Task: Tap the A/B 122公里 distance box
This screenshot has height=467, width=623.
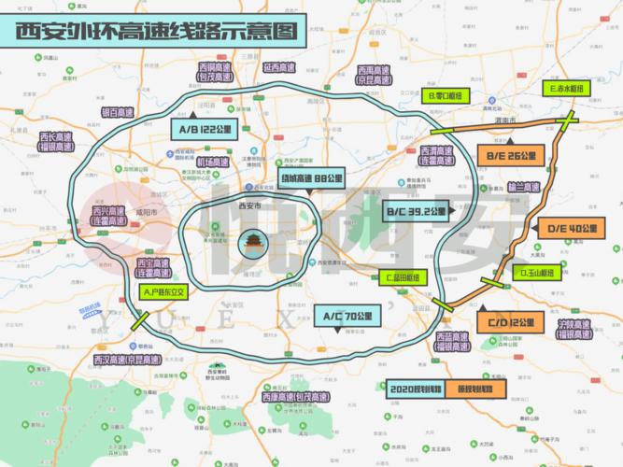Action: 203,130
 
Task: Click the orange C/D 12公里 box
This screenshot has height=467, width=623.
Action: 512,322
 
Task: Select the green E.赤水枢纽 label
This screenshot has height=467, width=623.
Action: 566,89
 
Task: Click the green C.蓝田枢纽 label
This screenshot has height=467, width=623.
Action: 406,277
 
